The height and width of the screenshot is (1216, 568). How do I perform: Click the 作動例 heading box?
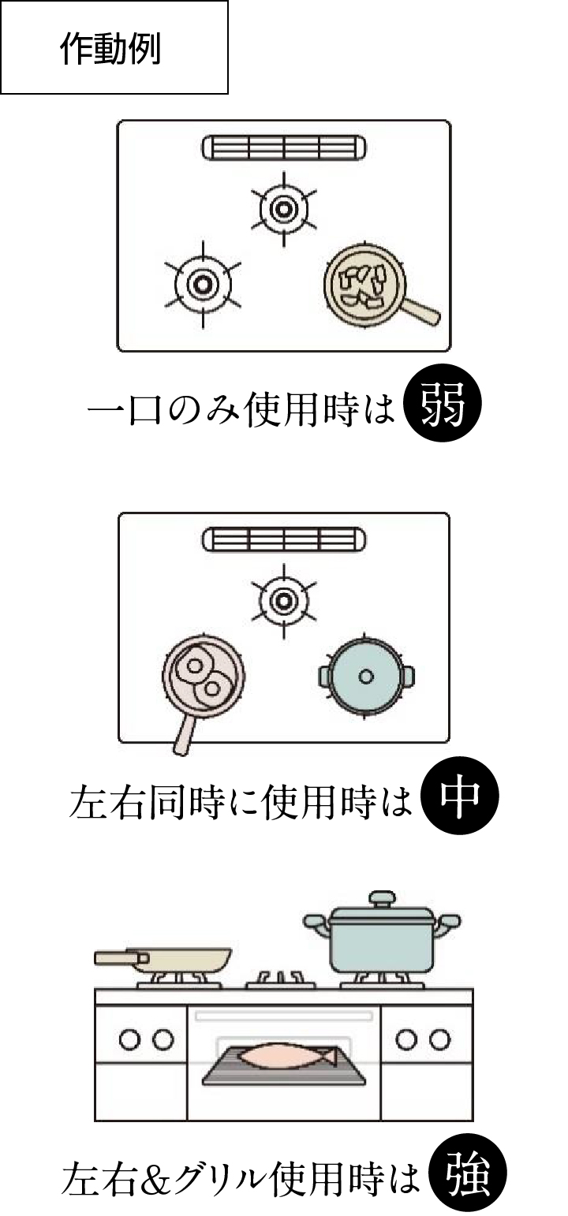114,47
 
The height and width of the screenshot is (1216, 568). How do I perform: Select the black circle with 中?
459,797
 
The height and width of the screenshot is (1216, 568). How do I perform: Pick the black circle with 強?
467,1177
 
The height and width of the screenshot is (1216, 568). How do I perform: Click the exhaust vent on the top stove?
284,147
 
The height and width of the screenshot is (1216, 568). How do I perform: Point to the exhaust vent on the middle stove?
284,539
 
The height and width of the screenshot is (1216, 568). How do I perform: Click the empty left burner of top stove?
203,284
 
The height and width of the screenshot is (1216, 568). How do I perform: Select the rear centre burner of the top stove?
282,209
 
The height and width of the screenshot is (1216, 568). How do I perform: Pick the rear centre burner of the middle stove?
282,601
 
